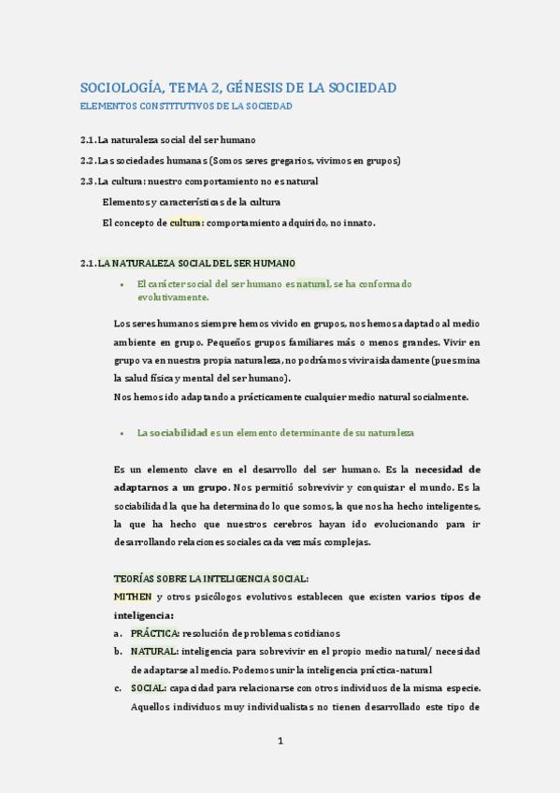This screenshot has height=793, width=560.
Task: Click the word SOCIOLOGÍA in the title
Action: point(121,88)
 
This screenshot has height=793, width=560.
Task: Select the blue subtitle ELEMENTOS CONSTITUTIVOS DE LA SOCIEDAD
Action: point(186,107)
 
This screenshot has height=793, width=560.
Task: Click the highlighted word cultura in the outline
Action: point(186,223)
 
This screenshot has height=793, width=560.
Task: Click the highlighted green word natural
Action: point(313,283)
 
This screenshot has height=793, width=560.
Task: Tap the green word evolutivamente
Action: point(173,296)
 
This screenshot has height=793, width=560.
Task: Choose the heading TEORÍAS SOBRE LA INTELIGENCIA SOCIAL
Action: point(210,579)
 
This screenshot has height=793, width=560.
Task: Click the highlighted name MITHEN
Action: point(132,596)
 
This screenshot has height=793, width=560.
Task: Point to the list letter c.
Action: point(118,688)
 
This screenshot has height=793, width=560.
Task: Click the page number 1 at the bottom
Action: point(280,742)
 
